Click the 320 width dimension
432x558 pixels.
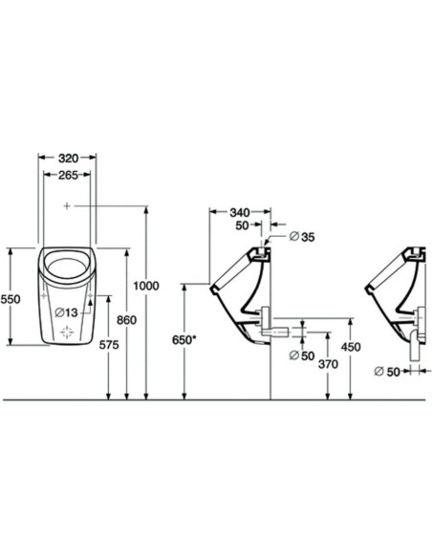point(68,158)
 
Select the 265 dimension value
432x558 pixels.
point(68,175)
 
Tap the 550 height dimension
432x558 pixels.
point(10,299)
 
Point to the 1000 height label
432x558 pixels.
point(146,286)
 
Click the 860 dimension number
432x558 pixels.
point(127,320)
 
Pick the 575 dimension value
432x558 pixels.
point(109,345)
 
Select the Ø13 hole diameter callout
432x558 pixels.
point(67,312)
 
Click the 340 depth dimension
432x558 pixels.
point(240,213)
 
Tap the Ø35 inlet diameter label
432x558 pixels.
point(302,237)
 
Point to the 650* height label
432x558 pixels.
point(184,340)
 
